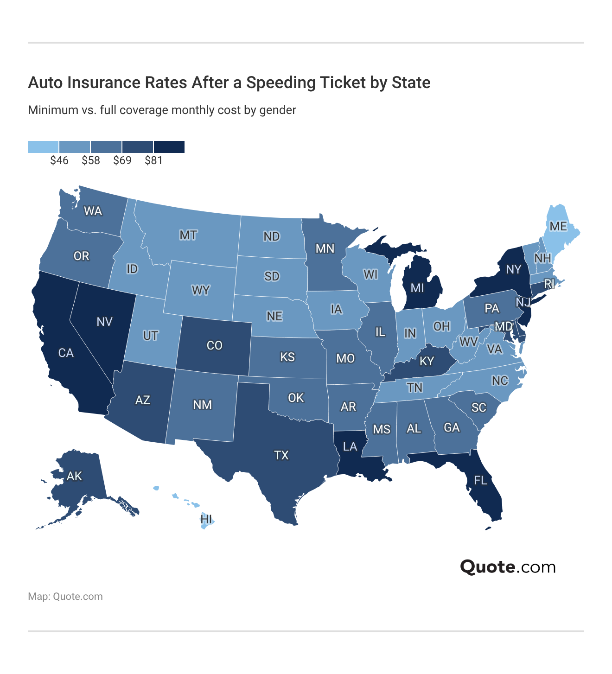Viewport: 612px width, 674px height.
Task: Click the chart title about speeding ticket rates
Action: click(229, 83)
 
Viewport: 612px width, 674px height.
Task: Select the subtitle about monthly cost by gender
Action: click(162, 110)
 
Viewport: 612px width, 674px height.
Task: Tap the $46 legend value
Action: click(59, 160)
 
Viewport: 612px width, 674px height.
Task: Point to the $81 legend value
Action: click(153, 160)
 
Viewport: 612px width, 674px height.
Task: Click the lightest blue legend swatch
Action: click(43, 147)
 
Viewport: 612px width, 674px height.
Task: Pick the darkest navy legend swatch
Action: click(169, 147)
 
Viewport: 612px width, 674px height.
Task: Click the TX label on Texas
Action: click(281, 455)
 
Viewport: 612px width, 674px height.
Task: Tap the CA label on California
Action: click(66, 353)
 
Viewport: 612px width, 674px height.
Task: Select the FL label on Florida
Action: click(480, 480)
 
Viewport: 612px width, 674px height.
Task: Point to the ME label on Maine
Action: click(558, 226)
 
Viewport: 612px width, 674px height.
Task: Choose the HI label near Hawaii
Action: click(207, 519)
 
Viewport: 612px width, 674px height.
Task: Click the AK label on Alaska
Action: click(74, 476)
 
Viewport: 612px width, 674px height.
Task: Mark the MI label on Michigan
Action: click(417, 288)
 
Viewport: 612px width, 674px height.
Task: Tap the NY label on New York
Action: click(513, 269)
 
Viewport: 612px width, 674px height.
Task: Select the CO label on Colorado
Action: click(214, 345)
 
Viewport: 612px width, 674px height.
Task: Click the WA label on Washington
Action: click(93, 211)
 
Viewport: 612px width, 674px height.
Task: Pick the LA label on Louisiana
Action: click(350, 446)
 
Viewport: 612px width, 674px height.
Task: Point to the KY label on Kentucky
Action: click(427, 361)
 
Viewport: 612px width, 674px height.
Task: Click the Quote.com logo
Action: click(508, 567)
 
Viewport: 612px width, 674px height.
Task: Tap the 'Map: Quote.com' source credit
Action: click(65, 597)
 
